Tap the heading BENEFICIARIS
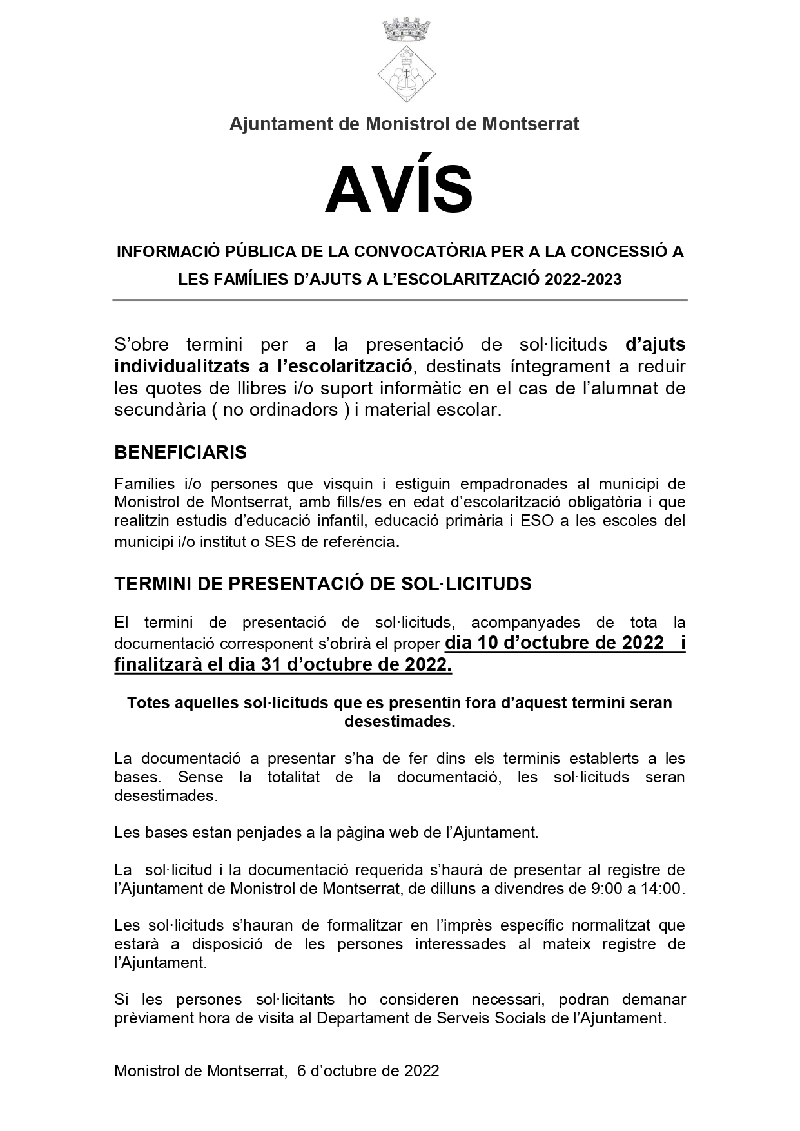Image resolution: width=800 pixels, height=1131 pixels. pyautogui.click(x=180, y=452)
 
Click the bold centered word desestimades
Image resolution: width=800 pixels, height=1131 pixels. pyautogui.click(x=399, y=722)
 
